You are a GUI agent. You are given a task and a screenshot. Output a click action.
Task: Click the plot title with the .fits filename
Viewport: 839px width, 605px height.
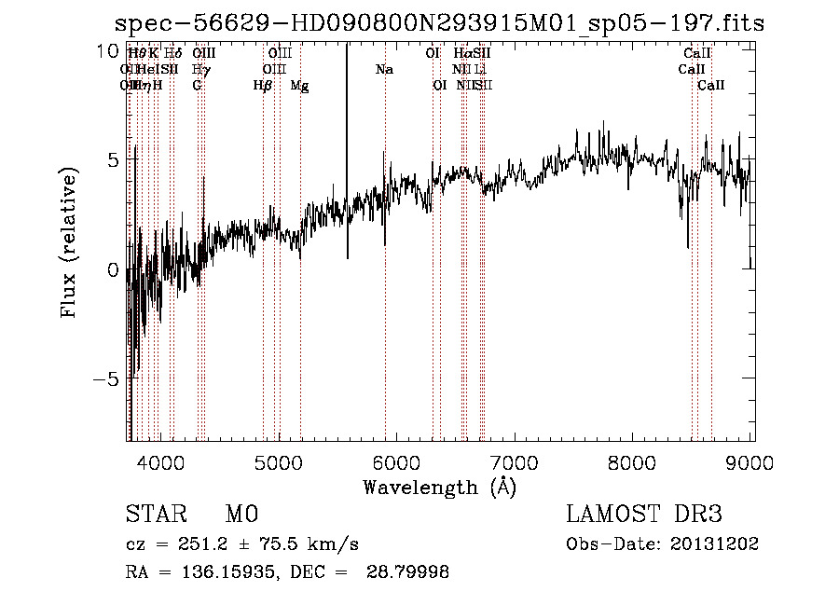point(439,24)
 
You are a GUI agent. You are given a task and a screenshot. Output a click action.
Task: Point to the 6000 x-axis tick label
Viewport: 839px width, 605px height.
point(397,463)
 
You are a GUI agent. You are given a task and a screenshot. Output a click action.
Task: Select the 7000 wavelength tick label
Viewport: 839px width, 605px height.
point(516,463)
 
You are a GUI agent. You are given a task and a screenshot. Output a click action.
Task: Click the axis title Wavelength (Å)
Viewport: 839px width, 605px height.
point(439,487)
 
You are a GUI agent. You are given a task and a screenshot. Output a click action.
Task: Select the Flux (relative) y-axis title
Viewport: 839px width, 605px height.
point(69,242)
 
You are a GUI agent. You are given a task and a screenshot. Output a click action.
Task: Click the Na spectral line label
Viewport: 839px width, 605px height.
point(384,70)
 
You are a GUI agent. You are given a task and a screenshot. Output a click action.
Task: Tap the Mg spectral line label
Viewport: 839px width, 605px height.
point(299,86)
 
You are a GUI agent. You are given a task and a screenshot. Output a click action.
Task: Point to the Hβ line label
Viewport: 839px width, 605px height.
point(262,86)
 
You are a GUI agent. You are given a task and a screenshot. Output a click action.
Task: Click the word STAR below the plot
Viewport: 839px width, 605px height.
point(154,515)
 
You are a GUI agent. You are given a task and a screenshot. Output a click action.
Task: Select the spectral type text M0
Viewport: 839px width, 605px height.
point(241,515)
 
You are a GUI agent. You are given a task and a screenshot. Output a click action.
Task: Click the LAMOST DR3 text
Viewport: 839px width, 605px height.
point(644,515)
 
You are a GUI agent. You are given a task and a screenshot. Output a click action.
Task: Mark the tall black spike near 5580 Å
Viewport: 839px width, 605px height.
point(347,140)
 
